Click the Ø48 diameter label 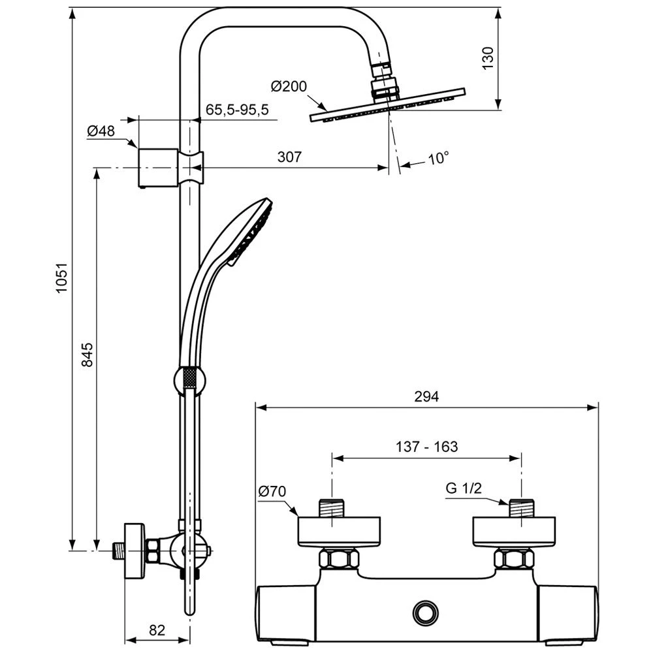tap(101, 131)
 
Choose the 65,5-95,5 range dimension tap(237, 109)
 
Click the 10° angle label tap(439, 158)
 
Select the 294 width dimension tap(426, 396)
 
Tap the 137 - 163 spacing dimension tap(427, 447)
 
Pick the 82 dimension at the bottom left tap(157, 630)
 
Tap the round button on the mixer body tap(425, 612)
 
